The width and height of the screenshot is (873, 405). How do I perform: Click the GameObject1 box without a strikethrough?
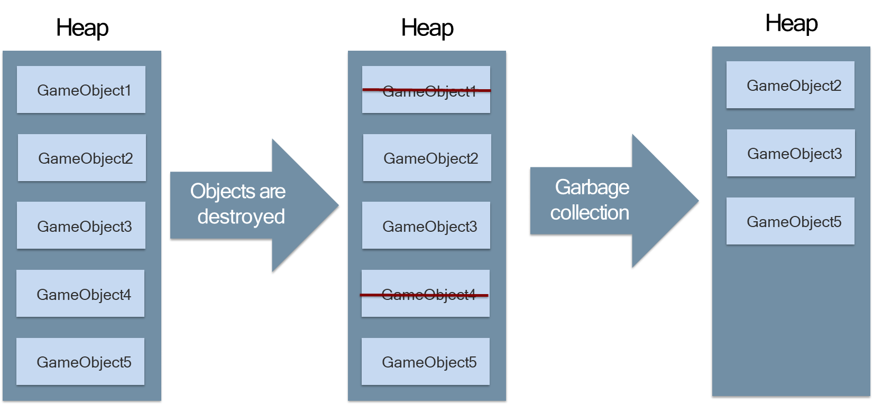coord(81,90)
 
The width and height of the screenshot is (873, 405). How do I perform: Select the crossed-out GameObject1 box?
coord(426,90)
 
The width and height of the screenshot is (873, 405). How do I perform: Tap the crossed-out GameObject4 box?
coord(426,294)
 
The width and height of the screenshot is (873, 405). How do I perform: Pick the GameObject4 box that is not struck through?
coord(80,294)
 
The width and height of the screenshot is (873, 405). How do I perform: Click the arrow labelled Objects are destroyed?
coord(254,205)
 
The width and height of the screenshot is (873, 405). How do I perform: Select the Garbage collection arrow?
coord(613,201)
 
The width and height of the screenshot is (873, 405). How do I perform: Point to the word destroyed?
coord(241,216)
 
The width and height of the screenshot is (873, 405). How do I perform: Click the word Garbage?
coord(592,187)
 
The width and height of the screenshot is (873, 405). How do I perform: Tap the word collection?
coord(590,213)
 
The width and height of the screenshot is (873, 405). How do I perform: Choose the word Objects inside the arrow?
coord(219,191)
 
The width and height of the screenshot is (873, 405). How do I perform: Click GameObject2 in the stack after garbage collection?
coord(791,85)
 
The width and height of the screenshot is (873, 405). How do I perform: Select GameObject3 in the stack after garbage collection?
coord(791,153)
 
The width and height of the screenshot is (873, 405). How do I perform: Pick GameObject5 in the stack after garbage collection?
coord(791,221)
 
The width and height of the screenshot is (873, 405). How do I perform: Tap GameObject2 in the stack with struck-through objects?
coord(427,158)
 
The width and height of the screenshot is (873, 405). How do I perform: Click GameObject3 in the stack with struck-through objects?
coord(426,225)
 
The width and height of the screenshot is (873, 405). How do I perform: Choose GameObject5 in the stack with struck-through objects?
coord(426,362)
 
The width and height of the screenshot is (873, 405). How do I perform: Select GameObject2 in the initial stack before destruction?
coord(82,158)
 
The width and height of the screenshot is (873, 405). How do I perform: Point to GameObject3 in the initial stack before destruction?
coord(81,225)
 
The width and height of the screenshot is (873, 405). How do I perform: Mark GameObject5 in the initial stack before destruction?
coord(80,362)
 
